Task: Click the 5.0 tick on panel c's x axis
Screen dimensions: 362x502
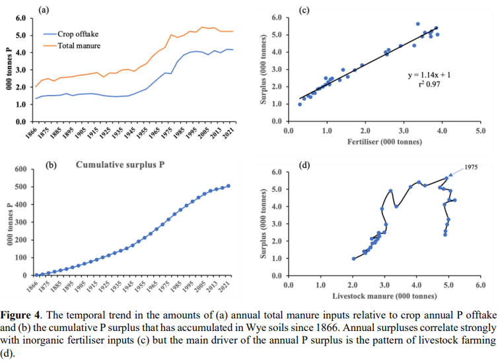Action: click(480, 131)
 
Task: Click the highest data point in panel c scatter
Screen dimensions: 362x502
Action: click(417, 24)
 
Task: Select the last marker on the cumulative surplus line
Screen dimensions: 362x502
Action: click(228, 186)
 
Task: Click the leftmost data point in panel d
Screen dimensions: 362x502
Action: click(353, 258)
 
